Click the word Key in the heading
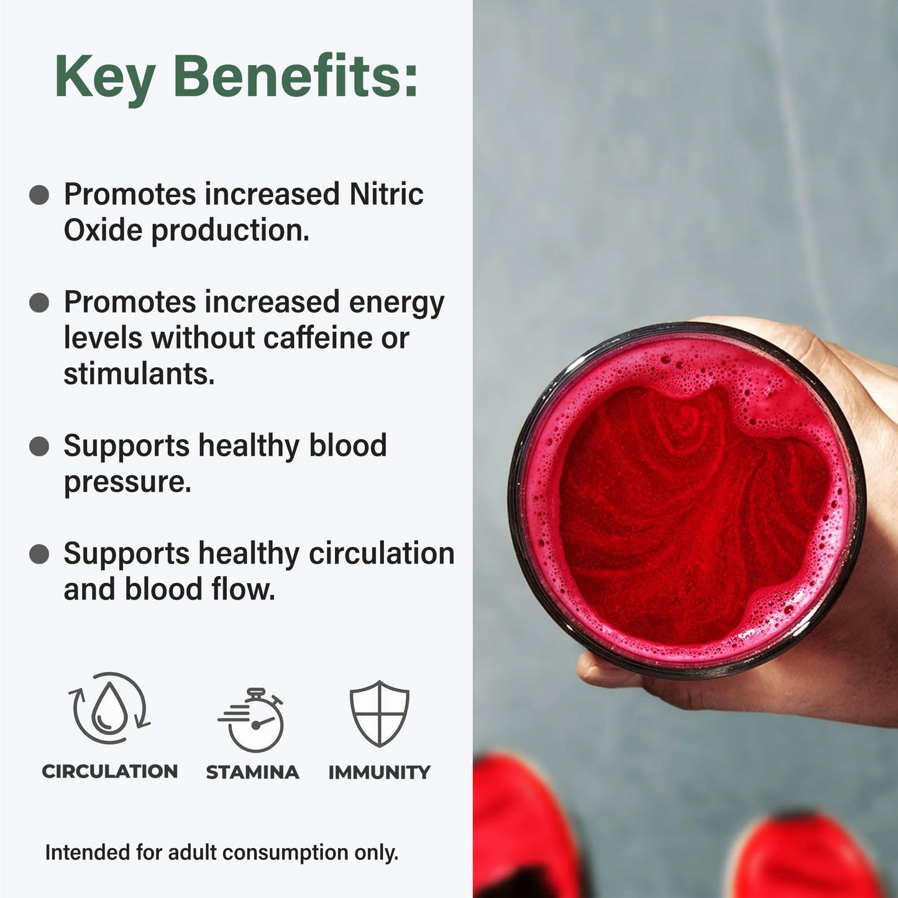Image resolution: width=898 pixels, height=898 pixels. click(104, 77)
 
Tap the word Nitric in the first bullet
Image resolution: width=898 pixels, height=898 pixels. click(386, 194)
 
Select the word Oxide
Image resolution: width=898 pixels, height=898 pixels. click(103, 230)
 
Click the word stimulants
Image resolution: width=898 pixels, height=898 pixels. click(139, 374)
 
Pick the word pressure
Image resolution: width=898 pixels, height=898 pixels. click(127, 482)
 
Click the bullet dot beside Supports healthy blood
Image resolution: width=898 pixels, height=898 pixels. click(39, 446)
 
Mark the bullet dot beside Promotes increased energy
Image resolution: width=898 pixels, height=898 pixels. click(39, 303)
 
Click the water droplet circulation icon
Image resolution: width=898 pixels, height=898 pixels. click(109, 708)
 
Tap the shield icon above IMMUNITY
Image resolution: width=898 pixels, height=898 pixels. click(379, 713)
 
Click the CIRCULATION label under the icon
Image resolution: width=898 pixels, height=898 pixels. click(109, 771)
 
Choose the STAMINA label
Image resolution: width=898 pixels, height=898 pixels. click(252, 772)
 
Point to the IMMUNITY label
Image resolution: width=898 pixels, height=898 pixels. click(379, 772)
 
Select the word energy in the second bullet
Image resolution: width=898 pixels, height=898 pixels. click(396, 303)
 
